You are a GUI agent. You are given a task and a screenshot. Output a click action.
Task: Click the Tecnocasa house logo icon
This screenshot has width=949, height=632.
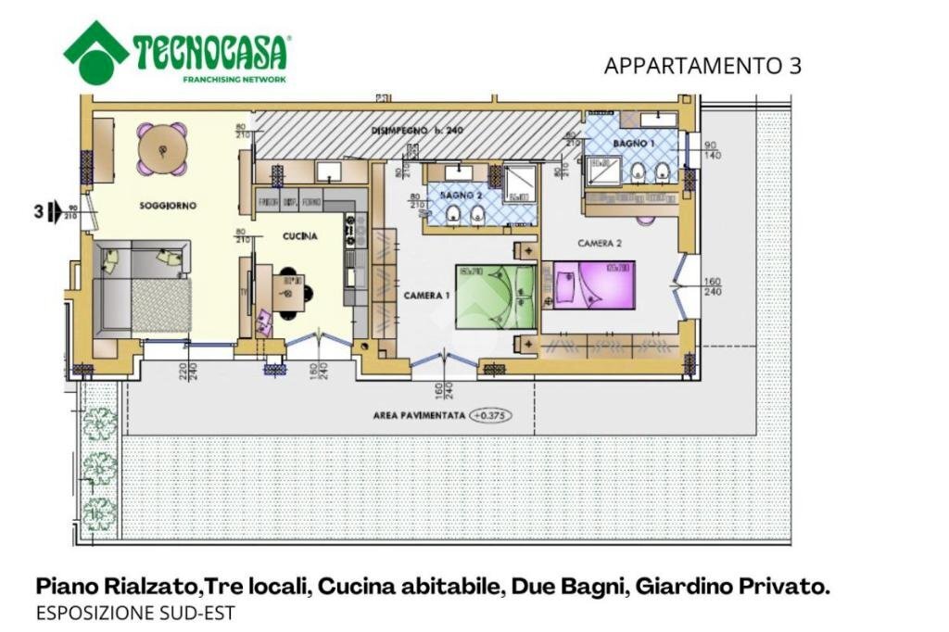pyautogui.click(x=95, y=53)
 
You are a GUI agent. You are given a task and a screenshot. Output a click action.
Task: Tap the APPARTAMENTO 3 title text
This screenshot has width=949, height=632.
pyautogui.click(x=702, y=66)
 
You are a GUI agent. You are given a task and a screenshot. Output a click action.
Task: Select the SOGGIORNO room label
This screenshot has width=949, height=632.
pyautogui.click(x=168, y=205)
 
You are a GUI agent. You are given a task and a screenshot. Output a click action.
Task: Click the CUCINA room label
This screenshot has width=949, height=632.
pyautogui.click(x=299, y=236)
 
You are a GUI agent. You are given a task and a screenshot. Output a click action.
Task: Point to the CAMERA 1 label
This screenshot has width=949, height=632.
pyautogui.click(x=426, y=295)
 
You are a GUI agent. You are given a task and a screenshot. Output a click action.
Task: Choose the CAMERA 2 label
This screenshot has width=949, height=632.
pyautogui.click(x=599, y=243)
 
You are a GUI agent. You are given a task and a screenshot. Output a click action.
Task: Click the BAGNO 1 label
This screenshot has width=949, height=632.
pyautogui.click(x=634, y=144)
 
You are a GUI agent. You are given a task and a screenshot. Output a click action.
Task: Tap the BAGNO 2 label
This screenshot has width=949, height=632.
pyautogui.click(x=462, y=196)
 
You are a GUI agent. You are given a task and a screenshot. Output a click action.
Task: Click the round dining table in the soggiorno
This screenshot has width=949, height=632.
pyautogui.click(x=163, y=148)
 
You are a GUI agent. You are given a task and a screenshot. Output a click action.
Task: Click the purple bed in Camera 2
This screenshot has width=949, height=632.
pyautogui.click(x=594, y=284)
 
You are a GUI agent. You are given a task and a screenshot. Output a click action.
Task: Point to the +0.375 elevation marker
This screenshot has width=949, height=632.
pyautogui.click(x=490, y=416)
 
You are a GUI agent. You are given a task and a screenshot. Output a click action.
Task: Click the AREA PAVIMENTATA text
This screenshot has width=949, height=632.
pyautogui.click(x=417, y=416)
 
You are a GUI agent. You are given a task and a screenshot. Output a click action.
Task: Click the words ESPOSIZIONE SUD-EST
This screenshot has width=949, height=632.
pyautogui.click(x=135, y=613)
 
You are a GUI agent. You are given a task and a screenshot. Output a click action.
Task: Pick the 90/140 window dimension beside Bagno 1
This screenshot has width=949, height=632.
pyautogui.click(x=711, y=151)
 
